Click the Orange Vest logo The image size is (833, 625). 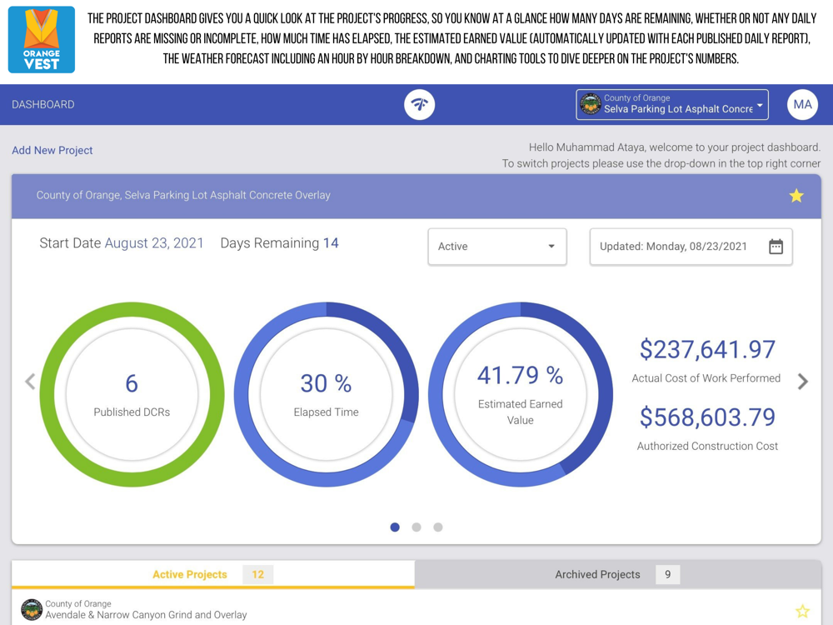coord(41,39)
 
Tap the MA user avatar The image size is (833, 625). coord(802,105)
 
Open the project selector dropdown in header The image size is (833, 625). coord(672,105)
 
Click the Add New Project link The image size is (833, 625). coord(52,151)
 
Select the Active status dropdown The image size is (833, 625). coord(496,247)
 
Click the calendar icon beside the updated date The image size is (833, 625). coord(776,247)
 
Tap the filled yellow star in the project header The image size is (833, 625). coord(796,196)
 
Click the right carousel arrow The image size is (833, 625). coord(803,382)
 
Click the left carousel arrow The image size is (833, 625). coord(30,382)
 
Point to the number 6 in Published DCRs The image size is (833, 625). coord(132,383)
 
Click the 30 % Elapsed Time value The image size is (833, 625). coord(326,383)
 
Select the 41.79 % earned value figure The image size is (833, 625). coord(520,376)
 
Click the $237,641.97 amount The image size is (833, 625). coord(707,350)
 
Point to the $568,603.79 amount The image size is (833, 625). coord(707,417)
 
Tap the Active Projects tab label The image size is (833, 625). coord(190,575)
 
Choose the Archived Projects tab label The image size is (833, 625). coord(597,575)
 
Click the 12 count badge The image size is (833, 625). coord(258,575)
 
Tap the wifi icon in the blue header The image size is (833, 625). coord(420,105)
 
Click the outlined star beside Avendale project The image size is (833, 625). coord(802,612)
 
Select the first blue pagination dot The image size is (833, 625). coord(395,527)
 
